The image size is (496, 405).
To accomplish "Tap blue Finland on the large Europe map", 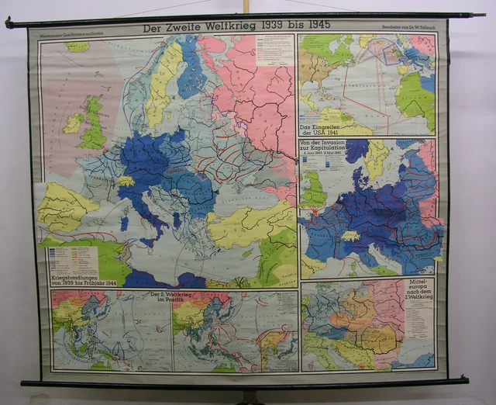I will (190, 70).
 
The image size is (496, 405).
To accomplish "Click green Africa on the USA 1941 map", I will (417, 97).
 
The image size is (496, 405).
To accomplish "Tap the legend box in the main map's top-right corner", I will (275, 50).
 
